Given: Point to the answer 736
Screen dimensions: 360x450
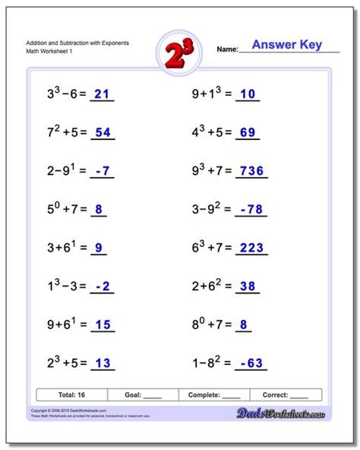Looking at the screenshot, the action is tap(251, 171).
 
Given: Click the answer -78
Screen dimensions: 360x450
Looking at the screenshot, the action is tap(251, 209).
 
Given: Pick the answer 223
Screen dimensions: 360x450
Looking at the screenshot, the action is tap(251, 247).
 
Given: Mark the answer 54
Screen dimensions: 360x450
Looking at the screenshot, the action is tap(103, 132).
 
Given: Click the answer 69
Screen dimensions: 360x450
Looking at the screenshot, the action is tap(247, 132).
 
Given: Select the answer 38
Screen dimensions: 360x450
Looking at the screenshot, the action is tap(247, 285).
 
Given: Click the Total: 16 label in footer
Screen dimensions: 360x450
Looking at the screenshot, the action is tap(71, 395).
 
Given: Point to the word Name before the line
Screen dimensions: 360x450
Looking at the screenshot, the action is tap(228, 48).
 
